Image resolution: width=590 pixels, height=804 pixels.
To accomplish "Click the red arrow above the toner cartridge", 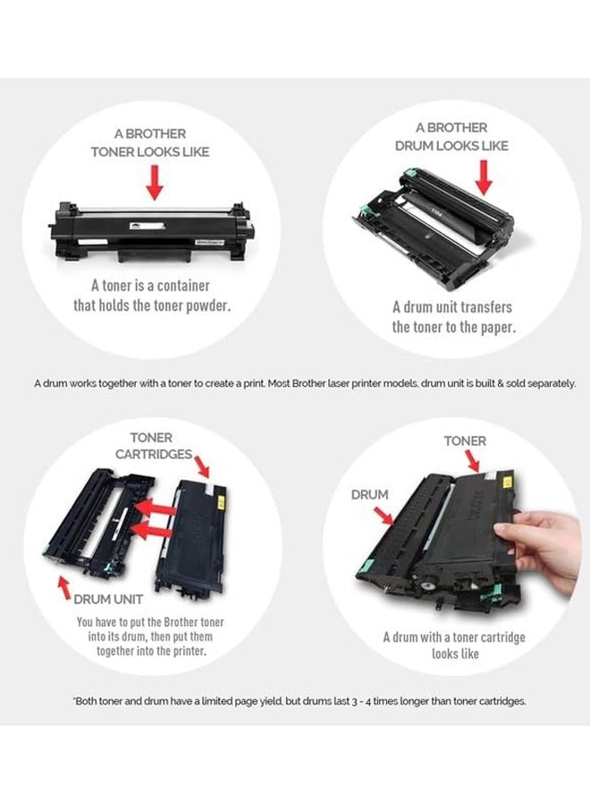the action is (x=155, y=182).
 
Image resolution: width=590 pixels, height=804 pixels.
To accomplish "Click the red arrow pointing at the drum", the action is (x=483, y=178).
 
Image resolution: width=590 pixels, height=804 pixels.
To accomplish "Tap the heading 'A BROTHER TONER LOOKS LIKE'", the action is (x=150, y=143).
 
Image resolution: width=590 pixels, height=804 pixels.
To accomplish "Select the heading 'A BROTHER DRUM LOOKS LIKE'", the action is (x=451, y=137).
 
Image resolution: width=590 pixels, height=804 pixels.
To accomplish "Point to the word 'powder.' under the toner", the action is (x=208, y=306).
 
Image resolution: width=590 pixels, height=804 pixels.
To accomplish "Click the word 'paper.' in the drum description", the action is (x=497, y=327).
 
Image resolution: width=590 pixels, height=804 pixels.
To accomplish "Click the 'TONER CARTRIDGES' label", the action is (x=154, y=446).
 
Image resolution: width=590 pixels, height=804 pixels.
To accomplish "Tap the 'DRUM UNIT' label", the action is (x=108, y=599).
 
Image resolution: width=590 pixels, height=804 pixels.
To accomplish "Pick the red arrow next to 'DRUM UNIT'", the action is (x=64, y=588).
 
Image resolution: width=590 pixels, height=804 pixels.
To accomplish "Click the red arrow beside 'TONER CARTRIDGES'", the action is (x=202, y=466).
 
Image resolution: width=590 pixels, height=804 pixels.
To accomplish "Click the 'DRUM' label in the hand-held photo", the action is (x=369, y=495).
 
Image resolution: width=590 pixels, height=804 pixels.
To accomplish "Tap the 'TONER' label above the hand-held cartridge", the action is (x=465, y=441).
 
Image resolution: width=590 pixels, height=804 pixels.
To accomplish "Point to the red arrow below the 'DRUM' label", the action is (x=383, y=515).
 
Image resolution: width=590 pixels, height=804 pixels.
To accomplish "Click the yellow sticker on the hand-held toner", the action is (x=509, y=482).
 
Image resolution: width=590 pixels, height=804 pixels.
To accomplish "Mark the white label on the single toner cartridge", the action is (x=147, y=225).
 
